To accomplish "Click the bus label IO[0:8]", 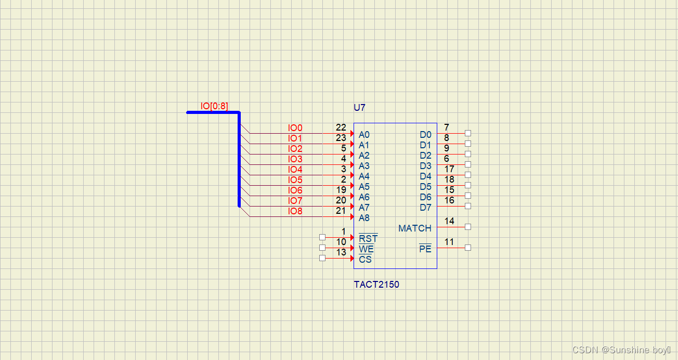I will tap(214, 106).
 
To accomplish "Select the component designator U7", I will tap(360, 108).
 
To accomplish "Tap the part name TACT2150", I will tap(376, 285).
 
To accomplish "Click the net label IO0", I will tap(295, 128).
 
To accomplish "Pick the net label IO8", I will tap(295, 211).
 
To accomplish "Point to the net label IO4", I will tap(295, 170).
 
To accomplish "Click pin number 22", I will tap(341, 127).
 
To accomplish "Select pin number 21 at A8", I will tap(341, 211).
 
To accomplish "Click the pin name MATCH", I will tap(415, 228).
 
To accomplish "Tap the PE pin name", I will tap(425, 249).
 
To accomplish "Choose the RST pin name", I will tap(368, 239).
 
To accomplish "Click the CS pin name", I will tap(365, 260).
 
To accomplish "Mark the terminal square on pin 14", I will tap(468, 227).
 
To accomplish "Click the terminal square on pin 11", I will tap(468, 248).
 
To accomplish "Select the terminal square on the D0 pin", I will tap(468, 133).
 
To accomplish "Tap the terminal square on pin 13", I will tap(322, 258).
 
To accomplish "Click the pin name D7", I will tap(425, 208).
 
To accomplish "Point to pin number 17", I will tap(449, 169).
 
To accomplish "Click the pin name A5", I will tap(364, 187).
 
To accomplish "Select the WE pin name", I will tap(366, 249).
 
